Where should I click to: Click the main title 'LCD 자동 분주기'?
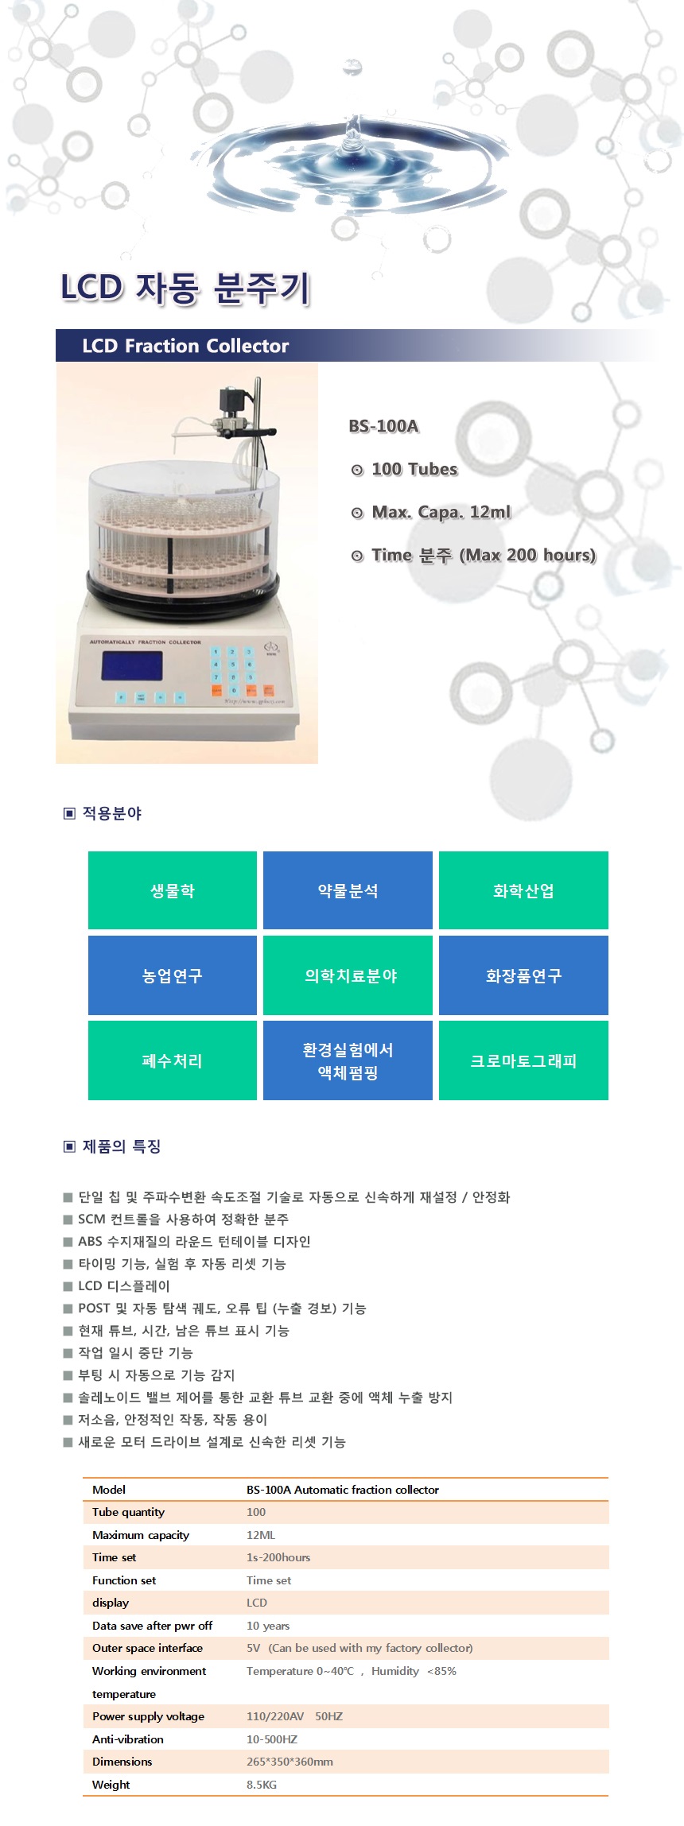pyautogui.click(x=185, y=288)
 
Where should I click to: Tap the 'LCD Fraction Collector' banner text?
pyautogui.click(x=185, y=346)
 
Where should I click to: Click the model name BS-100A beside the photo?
pyautogui.click(x=383, y=426)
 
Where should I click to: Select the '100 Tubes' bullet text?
pyautogui.click(x=414, y=469)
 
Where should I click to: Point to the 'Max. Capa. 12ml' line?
pyautogui.click(x=441, y=512)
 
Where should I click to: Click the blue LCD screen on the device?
pyautogui.click(x=132, y=666)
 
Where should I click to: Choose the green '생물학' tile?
pyautogui.click(x=173, y=890)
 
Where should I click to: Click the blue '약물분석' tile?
pyautogui.click(x=348, y=890)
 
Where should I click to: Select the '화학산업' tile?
pyautogui.click(x=523, y=890)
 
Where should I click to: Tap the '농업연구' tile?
pyautogui.click(x=173, y=975)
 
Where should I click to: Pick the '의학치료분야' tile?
pyautogui.click(x=348, y=975)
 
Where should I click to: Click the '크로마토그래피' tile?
pyautogui.click(x=523, y=1060)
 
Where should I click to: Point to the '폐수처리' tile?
pyautogui.click(x=173, y=1060)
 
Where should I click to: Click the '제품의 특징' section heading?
pyautogui.click(x=122, y=1146)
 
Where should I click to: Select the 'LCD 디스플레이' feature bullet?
pyautogui.click(x=123, y=1286)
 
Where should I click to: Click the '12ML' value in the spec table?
pyautogui.click(x=261, y=1535)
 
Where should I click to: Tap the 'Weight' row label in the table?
pyautogui.click(x=111, y=1785)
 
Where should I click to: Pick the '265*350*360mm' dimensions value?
pyautogui.click(x=290, y=1762)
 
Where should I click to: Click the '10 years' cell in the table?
pyautogui.click(x=268, y=1626)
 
